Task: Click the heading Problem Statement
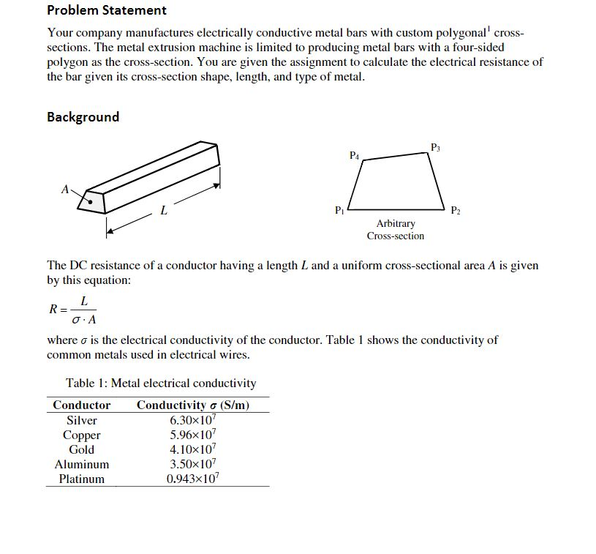pos(107,10)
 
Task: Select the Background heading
pos(83,117)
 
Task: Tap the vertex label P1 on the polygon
pos(338,211)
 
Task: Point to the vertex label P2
pos(456,211)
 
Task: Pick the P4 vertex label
pos(354,155)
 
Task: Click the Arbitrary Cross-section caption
pos(395,229)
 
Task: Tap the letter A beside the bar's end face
pos(65,190)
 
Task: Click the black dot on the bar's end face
pos(91,198)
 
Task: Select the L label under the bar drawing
pos(163,211)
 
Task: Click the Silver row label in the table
pos(82,420)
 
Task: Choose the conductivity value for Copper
pos(192,435)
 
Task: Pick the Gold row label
pos(82,449)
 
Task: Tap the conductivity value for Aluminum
pos(192,464)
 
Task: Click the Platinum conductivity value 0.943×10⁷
pos(192,479)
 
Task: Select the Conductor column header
pos(82,405)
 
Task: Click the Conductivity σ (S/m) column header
pos(193,405)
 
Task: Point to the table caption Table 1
pos(161,383)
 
